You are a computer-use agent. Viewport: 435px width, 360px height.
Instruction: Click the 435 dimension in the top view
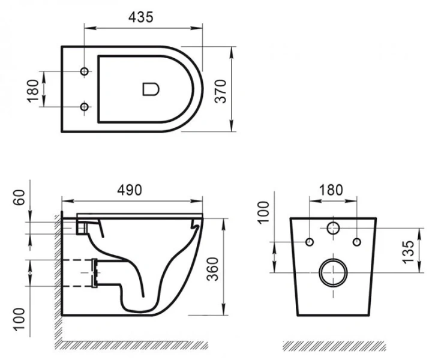point(140,17)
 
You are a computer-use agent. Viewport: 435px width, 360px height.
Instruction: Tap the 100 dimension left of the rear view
point(262,212)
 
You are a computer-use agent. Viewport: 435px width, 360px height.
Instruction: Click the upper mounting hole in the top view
point(85,71)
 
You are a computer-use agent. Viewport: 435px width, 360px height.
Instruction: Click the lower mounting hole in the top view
point(85,107)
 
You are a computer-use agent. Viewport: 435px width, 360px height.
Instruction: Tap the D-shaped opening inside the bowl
point(150,89)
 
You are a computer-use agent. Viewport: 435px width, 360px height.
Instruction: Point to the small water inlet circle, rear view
point(333,228)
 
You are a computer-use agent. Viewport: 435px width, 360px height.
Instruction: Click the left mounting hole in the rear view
point(310,242)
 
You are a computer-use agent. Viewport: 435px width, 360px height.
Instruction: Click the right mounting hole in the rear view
point(356,242)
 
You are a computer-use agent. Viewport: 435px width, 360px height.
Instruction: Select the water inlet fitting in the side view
point(84,226)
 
